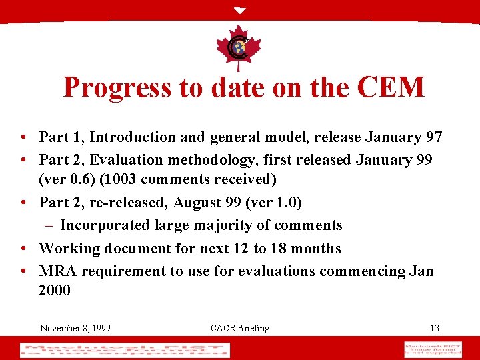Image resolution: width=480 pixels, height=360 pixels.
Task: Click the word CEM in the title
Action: tap(391, 87)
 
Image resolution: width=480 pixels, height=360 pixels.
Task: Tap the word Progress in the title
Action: tap(117, 87)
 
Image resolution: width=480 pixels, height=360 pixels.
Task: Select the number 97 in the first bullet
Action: tap(434, 137)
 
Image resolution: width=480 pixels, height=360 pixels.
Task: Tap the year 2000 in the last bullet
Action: tap(55, 291)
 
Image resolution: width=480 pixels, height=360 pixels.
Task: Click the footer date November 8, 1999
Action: tap(75, 328)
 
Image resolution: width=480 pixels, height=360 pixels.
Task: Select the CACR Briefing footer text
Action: tap(240, 328)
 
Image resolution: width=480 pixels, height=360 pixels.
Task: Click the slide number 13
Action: tap(435, 328)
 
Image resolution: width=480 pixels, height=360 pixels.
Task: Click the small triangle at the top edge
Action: tap(240, 11)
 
